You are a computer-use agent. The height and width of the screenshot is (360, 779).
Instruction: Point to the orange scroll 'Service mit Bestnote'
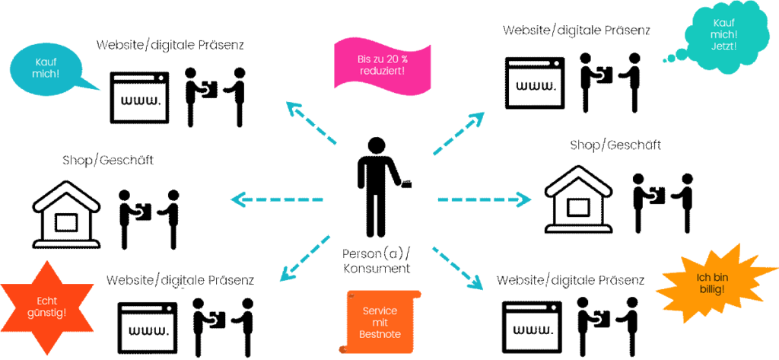pyautogui.click(x=378, y=323)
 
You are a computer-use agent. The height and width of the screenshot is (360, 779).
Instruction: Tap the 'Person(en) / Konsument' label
pyautogui.click(x=378, y=260)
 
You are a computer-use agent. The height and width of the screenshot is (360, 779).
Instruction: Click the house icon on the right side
pyautogui.click(x=578, y=202)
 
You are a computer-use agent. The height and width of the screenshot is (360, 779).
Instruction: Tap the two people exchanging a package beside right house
pyautogui.click(x=663, y=202)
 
